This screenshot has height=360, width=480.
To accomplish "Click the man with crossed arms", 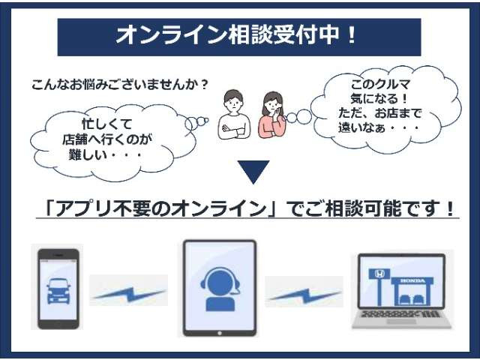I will [232, 117].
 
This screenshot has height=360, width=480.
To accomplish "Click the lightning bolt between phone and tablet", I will [128, 293].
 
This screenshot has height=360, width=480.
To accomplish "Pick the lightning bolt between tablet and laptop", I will [304, 293].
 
